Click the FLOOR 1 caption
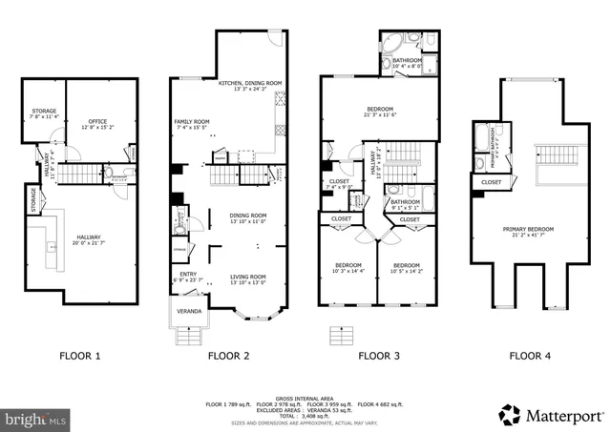[79, 356]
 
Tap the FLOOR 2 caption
[229, 356]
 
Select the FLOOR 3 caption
[379, 356]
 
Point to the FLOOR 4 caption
[529, 356]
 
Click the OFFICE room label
[97, 123]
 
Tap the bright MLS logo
[36, 418]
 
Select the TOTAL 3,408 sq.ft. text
[305, 416]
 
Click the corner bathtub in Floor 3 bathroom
[393, 45]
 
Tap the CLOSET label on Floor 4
[491, 182]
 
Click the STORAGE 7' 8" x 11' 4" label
[44, 113]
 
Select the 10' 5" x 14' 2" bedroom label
[408, 267]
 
